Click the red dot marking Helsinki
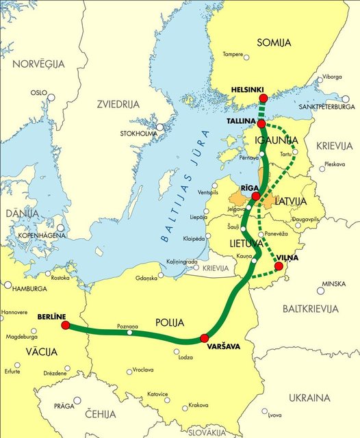[263, 99]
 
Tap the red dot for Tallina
[261, 123]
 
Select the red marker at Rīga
[255, 196]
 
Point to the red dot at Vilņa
[278, 266]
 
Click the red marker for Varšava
[203, 338]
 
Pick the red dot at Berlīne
[65, 325]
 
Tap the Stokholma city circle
[159, 127]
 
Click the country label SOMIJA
[274, 43]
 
